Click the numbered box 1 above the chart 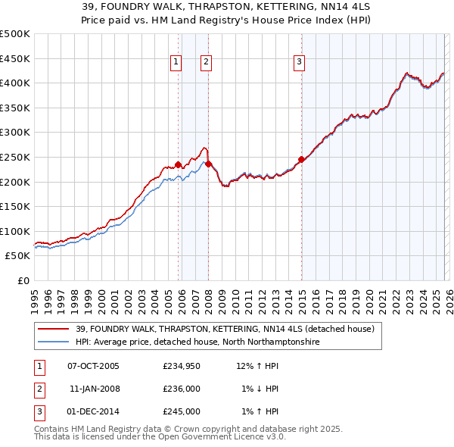(176, 63)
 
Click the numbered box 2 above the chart (206, 63)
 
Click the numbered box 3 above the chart (299, 63)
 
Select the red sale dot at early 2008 (208, 164)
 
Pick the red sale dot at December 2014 (301, 159)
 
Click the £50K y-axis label (17, 256)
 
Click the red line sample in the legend (54, 329)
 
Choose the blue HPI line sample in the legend (54, 342)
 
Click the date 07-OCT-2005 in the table (94, 366)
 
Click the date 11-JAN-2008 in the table (94, 389)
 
